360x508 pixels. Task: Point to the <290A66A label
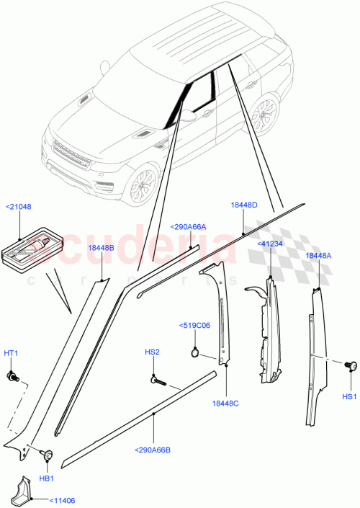[x=188, y=227]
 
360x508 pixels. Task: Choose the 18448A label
[x=319, y=256]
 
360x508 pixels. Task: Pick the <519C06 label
[x=194, y=325]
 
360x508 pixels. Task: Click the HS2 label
[x=151, y=352]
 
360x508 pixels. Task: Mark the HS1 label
[x=349, y=396]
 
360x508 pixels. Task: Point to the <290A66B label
[x=153, y=450]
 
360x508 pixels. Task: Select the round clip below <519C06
[x=194, y=352]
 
